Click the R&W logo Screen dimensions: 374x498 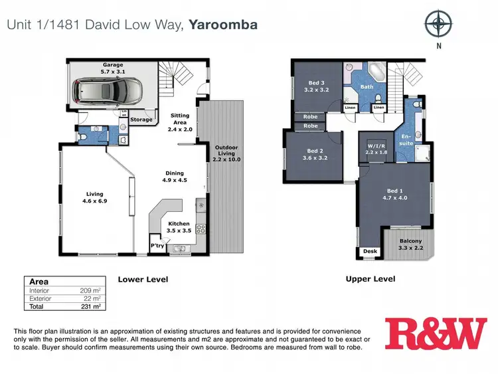tap(436, 334)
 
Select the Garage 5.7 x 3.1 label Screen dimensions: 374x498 tap(112, 68)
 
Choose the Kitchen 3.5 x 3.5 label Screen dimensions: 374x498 tap(179, 227)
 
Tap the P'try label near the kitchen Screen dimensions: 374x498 tap(157, 246)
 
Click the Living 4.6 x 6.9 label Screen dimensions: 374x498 tap(94, 197)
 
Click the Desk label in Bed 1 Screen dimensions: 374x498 tap(369, 251)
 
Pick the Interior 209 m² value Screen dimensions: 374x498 tap(92, 290)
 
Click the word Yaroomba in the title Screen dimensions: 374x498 tap(223, 25)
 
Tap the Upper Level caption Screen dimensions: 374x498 tap(370, 279)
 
